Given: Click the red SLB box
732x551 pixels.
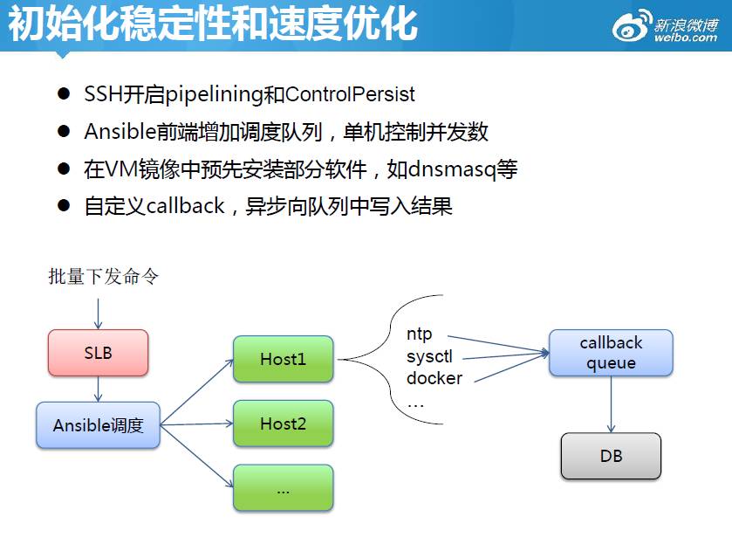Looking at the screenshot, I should point(98,354).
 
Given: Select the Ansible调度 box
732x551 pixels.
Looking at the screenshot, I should point(98,425).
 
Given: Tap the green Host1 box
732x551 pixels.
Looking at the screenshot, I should point(283,359).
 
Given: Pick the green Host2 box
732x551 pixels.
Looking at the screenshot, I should point(283,424).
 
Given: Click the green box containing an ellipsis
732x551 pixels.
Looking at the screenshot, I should point(283,488).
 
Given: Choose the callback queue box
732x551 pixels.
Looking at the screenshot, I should point(611,353).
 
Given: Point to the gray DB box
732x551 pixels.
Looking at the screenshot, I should point(611,456).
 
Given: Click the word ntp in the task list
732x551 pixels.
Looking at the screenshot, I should point(420,334).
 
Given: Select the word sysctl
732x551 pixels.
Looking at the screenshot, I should point(429,356).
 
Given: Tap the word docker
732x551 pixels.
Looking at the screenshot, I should point(434,378).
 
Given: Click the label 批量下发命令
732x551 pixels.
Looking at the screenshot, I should point(103,277).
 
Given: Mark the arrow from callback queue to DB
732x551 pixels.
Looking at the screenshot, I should point(611,404).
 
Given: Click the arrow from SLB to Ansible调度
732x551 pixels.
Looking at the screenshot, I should point(99,389).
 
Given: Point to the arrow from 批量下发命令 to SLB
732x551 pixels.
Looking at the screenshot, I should point(99,313).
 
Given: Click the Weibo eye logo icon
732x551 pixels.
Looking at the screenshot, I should point(631,26).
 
